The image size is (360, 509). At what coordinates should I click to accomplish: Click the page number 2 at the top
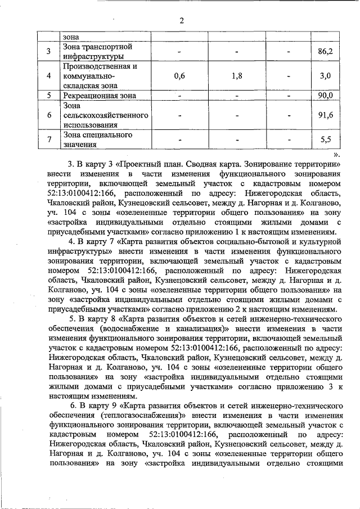182,21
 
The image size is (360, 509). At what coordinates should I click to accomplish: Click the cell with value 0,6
180,75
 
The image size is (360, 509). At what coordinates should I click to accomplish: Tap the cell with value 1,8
236,75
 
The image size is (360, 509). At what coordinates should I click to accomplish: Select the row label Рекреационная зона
100,96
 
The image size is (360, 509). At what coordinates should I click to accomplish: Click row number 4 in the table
49,75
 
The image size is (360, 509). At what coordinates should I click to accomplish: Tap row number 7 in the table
49,139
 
